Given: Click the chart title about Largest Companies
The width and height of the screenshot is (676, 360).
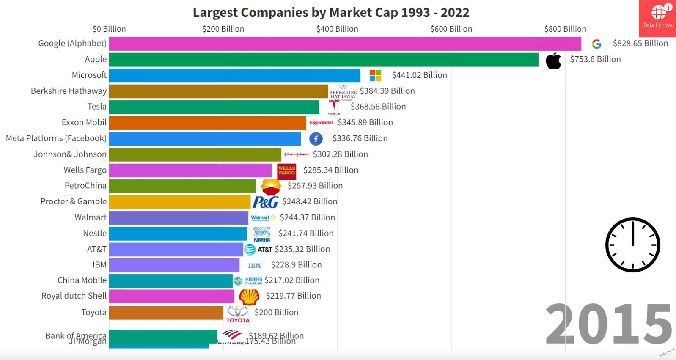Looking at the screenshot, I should [x=331, y=13].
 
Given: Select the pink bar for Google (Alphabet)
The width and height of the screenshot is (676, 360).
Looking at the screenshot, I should [x=345, y=44].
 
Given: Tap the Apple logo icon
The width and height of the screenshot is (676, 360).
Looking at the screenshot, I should [x=553, y=61].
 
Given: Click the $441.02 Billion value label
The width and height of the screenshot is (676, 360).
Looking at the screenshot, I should [x=419, y=75].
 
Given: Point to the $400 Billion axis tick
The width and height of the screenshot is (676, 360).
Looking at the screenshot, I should [x=337, y=29].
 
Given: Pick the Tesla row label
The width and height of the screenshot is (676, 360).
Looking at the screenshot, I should [x=97, y=107].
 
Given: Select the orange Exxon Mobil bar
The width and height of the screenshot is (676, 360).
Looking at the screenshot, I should [x=207, y=123].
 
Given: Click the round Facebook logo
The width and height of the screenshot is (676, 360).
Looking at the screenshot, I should [x=316, y=139].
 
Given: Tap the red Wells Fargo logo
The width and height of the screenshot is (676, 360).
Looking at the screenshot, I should [x=286, y=170].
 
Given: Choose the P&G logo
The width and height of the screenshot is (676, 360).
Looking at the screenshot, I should [x=265, y=202].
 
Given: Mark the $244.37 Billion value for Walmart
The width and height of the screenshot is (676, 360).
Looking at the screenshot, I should [x=307, y=217].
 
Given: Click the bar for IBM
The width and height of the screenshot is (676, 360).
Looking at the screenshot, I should [x=174, y=265].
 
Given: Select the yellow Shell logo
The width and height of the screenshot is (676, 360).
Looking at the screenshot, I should [x=249, y=297].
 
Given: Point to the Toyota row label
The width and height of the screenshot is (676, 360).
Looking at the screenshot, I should [x=94, y=313].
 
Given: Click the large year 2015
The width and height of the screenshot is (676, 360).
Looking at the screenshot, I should [x=608, y=324].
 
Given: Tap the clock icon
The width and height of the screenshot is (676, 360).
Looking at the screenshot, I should [x=632, y=245].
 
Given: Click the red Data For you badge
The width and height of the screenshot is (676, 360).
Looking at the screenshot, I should [x=658, y=18].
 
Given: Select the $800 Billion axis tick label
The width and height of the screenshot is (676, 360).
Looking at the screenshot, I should [x=565, y=29].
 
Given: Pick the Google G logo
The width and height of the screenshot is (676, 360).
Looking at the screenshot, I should [x=596, y=44].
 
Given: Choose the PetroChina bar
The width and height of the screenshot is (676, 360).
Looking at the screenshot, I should [x=182, y=186].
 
